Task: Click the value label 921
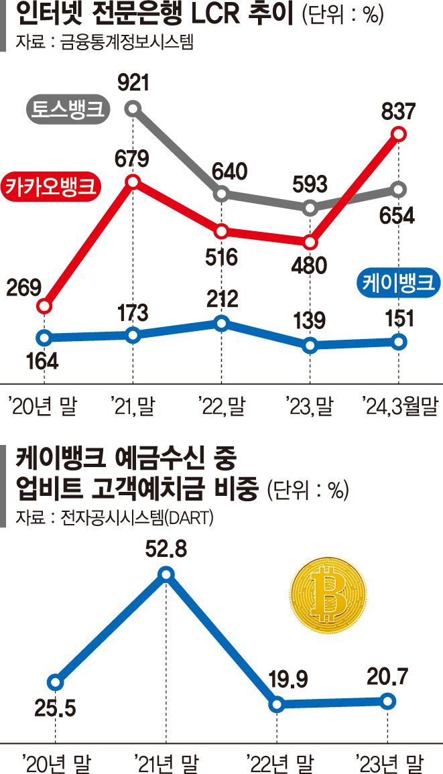click(132, 84)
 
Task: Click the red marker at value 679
click(133, 182)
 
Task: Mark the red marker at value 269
click(44, 306)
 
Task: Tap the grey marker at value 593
click(310, 208)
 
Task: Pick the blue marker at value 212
click(221, 323)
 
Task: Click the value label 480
click(310, 265)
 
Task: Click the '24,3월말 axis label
click(397, 405)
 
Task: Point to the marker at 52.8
click(167, 574)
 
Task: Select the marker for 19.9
click(276, 704)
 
